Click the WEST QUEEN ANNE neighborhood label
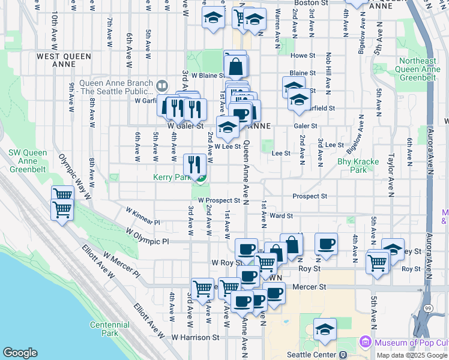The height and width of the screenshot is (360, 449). pyautogui.click(x=64, y=56)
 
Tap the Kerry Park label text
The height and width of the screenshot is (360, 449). pyautogui.click(x=173, y=178)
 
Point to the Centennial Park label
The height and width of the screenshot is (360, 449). pyautogui.click(x=109, y=329)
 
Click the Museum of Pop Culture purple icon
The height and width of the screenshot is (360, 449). pyautogui.click(x=365, y=343)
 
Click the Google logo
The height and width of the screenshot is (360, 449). pyautogui.click(x=20, y=353)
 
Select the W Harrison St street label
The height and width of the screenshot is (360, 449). pyautogui.click(x=196, y=338)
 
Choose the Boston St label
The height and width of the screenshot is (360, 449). pyautogui.click(x=311, y=3)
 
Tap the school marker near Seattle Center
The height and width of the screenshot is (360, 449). pyautogui.click(x=325, y=329)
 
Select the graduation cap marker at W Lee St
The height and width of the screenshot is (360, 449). pyautogui.click(x=228, y=127)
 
